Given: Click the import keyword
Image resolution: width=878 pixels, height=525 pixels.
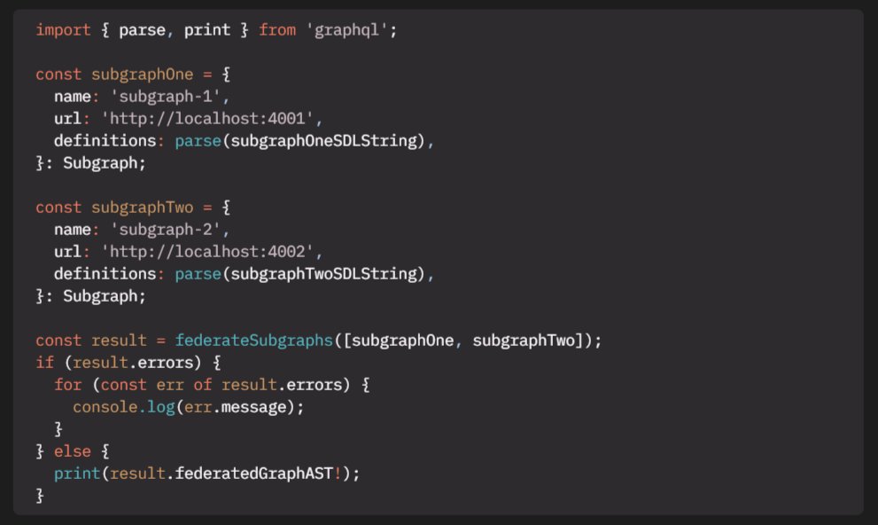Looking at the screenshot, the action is point(63,30).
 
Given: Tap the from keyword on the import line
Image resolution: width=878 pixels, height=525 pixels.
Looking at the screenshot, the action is point(277,30).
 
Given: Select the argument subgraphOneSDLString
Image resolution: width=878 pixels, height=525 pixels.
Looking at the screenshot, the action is point(323,141).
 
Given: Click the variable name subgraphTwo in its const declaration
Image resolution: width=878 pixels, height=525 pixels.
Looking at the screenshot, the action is point(143,208).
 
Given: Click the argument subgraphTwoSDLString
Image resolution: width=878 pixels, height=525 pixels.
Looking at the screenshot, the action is point(323,274).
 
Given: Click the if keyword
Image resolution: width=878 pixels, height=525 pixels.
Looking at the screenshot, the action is point(44,363).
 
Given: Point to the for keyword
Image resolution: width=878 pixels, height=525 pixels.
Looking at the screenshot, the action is point(67,385).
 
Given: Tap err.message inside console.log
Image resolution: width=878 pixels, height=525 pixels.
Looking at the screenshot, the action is point(241,407).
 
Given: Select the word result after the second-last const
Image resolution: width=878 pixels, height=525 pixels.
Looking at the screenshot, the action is point(119,341).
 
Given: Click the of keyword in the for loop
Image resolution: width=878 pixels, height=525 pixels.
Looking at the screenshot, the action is point(204,385).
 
